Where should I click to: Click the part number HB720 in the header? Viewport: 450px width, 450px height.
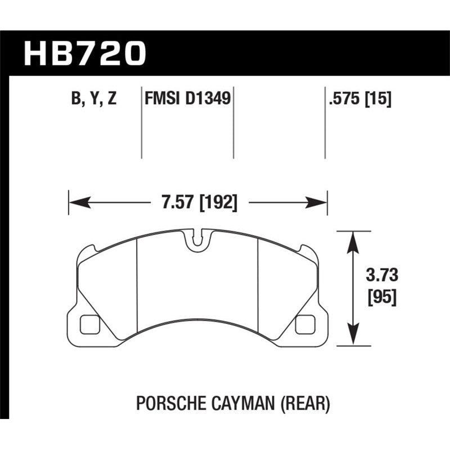coord(84,53)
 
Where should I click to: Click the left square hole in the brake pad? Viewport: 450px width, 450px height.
coord(89,324)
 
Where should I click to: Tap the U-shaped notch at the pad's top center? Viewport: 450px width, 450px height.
coord(196,238)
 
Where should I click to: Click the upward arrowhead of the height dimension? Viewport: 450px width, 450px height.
coord(353,238)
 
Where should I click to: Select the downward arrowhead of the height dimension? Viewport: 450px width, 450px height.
coord(353,336)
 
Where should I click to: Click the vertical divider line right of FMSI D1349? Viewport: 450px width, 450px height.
coord(233,124)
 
